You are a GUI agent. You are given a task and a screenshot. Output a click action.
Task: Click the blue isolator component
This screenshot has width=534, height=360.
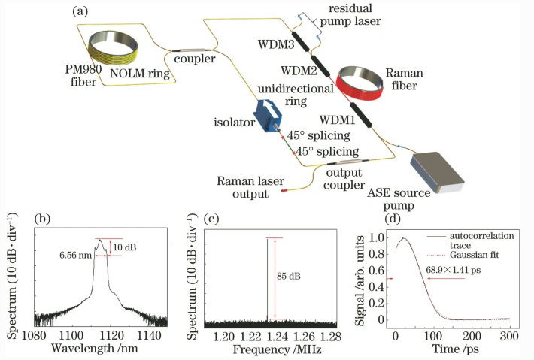[268, 115]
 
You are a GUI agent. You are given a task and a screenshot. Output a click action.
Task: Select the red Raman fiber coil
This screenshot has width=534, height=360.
[360, 83]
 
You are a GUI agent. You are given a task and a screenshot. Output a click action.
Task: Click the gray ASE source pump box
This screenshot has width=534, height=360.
[437, 173]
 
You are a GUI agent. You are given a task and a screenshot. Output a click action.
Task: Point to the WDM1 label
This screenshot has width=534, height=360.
[337, 119]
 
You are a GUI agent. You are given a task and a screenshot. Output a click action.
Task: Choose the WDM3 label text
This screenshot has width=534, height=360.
[276, 44]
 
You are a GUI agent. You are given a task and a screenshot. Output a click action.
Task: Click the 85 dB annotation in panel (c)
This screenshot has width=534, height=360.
[289, 276]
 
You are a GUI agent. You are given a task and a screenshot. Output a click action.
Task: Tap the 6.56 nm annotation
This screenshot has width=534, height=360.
[76, 255]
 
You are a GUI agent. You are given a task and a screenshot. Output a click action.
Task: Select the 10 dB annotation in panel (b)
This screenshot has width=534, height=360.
[125, 247]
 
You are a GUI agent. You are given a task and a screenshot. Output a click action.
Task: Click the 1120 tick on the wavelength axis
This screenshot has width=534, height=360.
[113, 336]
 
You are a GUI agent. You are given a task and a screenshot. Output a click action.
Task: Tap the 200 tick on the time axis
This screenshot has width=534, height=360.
[472, 336]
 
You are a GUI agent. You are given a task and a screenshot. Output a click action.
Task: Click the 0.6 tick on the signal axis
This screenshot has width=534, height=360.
[377, 271]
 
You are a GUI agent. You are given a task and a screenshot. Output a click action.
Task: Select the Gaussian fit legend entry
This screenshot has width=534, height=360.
[475, 255]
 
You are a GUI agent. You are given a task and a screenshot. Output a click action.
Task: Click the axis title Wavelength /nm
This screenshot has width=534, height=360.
[94, 349]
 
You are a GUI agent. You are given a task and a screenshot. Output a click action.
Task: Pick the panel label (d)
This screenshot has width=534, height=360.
[393, 219]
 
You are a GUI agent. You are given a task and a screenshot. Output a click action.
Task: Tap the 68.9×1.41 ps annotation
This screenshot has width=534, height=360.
[454, 270]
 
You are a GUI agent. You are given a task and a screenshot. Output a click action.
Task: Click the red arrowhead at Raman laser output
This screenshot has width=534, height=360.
[284, 191]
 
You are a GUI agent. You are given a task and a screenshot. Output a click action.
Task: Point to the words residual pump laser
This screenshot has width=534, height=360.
[350, 14]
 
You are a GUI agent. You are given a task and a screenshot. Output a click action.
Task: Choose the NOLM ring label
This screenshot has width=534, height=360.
[140, 73]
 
